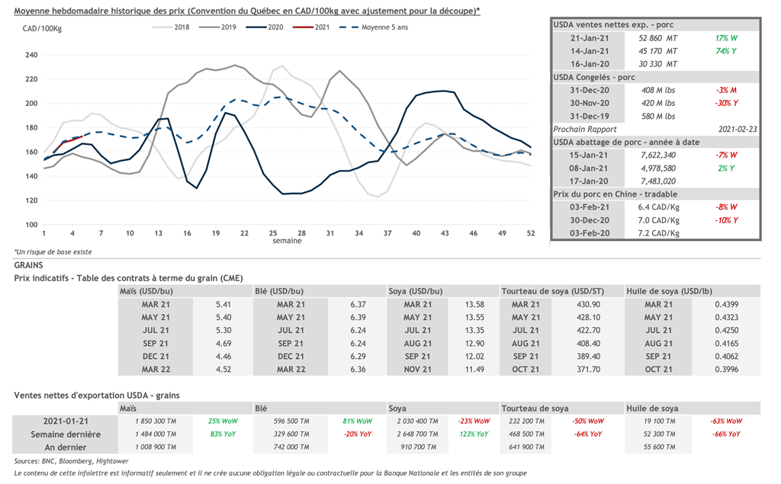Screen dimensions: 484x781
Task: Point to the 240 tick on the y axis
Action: pos(31,55)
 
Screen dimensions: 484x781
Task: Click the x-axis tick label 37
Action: pos(387,232)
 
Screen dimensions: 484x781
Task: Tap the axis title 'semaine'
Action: pos(287,241)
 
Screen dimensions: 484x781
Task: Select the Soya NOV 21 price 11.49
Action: pos(474,370)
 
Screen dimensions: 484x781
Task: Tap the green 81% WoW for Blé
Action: pos(358,421)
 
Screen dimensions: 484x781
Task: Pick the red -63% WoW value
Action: pos(725,421)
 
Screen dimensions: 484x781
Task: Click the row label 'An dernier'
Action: pos(67,447)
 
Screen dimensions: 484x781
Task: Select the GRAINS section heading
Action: pos(30,264)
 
